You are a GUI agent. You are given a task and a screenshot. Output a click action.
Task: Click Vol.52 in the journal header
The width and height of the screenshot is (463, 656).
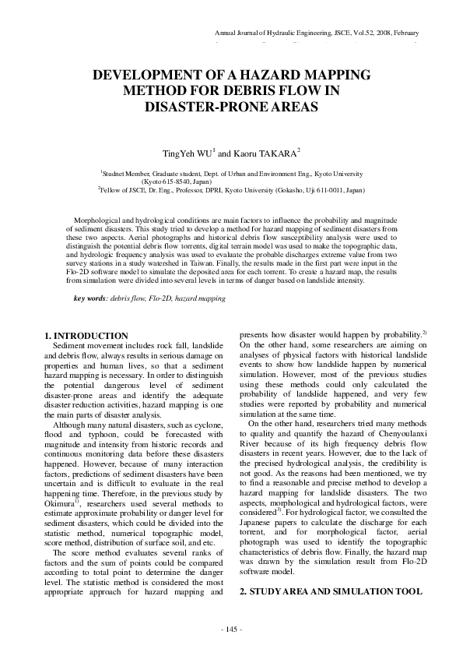pos(356,33)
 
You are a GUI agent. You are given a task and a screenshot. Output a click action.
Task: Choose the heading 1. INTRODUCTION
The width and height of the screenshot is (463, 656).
pos(86,335)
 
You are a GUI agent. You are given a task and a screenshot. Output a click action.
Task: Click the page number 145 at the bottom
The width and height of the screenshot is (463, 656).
pos(232,629)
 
